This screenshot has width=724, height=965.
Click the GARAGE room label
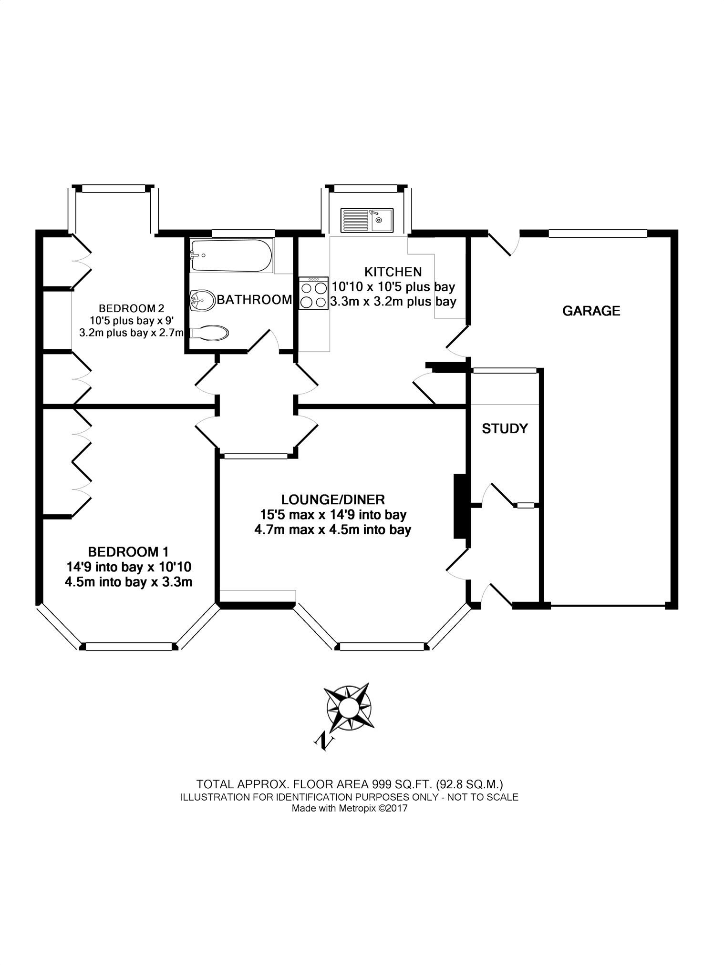[591, 311]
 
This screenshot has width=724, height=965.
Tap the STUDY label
[505, 428]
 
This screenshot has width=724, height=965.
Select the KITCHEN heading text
[393, 272]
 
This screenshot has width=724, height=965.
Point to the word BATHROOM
[254, 300]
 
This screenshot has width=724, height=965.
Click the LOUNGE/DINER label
[333, 499]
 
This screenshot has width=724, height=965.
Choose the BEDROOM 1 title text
[128, 552]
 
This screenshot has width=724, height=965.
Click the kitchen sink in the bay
[367, 220]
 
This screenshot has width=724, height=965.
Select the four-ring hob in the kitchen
[313, 294]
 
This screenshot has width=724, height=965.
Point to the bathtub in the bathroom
[231, 256]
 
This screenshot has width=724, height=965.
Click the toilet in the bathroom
[209, 333]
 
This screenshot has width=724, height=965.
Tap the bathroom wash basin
[202, 300]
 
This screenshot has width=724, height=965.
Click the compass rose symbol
[349, 708]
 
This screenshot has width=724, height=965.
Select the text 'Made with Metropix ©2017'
[349, 808]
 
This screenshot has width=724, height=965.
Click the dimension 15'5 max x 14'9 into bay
[333, 515]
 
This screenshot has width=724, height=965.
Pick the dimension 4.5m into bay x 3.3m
[128, 582]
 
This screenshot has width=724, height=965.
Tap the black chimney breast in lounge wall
[459, 506]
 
